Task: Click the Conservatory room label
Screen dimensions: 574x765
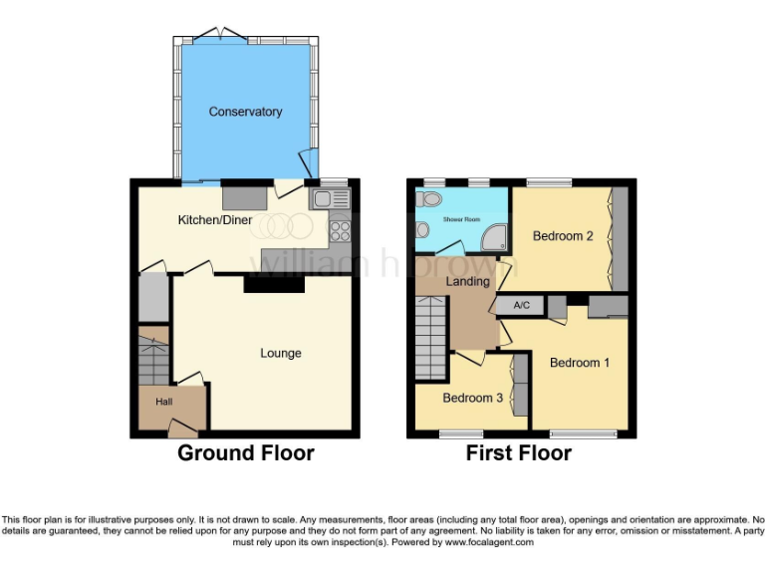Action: [x=245, y=112]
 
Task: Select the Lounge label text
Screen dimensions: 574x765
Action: [x=281, y=353]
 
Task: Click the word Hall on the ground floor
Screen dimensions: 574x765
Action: [x=163, y=401]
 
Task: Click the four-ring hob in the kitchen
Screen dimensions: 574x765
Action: [x=340, y=230]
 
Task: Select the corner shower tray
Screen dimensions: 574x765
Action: [x=493, y=237]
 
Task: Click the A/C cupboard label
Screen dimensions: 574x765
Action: [x=520, y=306]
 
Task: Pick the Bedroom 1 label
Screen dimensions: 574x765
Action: [x=580, y=363]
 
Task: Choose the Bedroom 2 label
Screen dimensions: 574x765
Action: [x=563, y=236]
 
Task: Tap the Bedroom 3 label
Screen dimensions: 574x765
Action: [x=473, y=398]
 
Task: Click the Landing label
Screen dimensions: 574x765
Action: [x=468, y=281]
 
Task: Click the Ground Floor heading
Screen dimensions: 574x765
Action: [x=245, y=453]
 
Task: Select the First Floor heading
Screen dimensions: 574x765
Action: [x=518, y=453]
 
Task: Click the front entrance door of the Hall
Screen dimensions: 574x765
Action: [x=181, y=429]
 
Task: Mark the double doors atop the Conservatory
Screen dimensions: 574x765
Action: [x=219, y=36]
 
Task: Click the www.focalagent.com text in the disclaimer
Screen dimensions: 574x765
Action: [x=489, y=543]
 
